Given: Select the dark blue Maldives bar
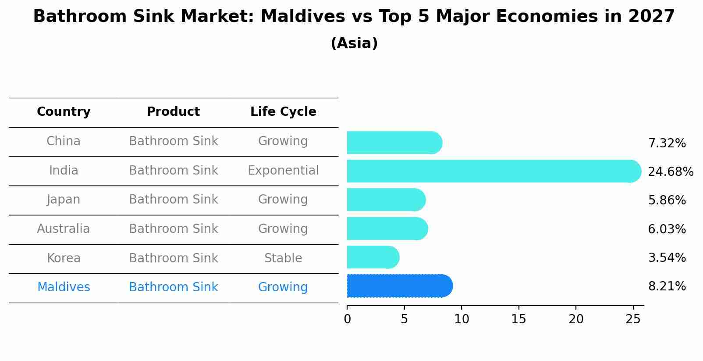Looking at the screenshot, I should coord(399,286).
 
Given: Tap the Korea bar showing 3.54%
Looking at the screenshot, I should coord(373,257).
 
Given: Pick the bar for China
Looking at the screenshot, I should coord(394,143).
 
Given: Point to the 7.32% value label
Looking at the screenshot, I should coord(667,143).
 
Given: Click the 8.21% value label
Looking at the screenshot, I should coord(667,286).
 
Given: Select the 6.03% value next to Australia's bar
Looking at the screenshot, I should coord(667,229).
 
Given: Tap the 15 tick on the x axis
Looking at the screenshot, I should coord(518,319).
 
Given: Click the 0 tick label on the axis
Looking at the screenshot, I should coord(347,319).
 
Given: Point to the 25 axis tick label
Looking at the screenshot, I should coord(633,319).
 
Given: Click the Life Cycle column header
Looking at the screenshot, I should coord(283,112).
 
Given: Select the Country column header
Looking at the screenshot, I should coord(64,112).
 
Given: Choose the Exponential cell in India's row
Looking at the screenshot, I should coord(283,171).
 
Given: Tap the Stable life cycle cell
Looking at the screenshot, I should coord(283,258).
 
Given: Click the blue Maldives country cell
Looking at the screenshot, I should coord(64,287).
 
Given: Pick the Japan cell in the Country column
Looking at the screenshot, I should coord(64,200).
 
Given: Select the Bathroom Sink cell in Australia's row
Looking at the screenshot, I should coord(173,229).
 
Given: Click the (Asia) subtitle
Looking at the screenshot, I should coord(354,43).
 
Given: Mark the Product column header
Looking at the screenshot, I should coord(173,112).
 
